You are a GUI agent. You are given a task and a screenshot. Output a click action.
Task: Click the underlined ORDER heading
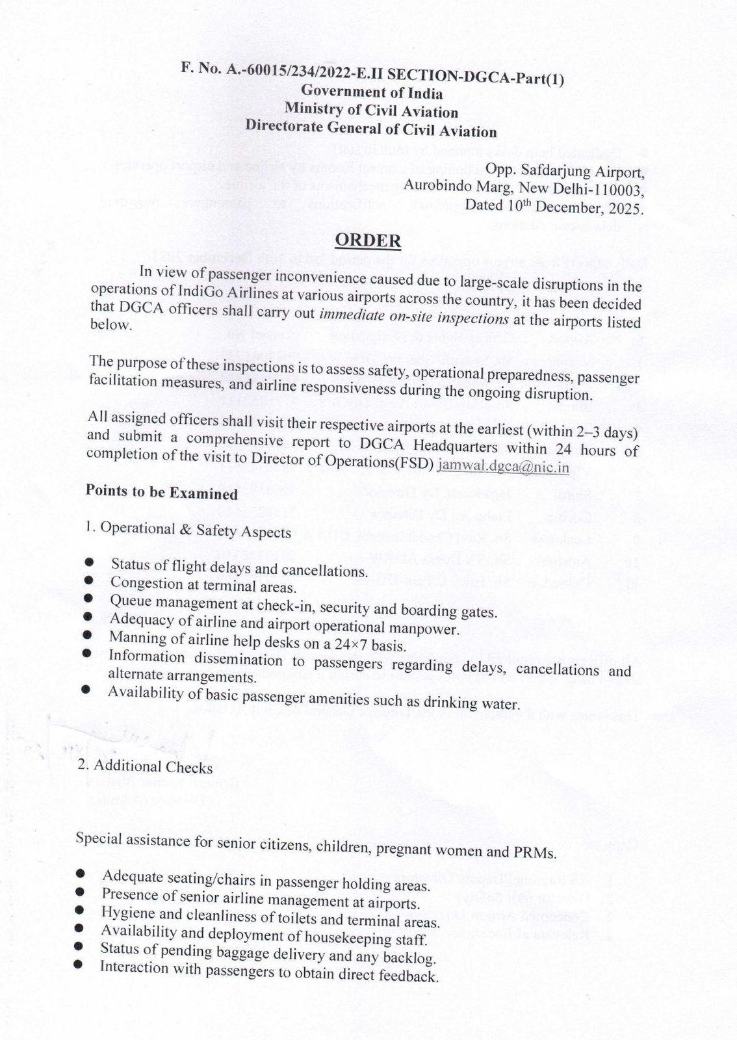click(368, 240)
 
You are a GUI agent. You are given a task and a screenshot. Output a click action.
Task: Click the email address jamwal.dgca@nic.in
click(504, 466)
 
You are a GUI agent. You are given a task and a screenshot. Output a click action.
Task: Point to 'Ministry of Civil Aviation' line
click(371, 111)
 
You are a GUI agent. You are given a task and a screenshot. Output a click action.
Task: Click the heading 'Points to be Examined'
click(162, 492)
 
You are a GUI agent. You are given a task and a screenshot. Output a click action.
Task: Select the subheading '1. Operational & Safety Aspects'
click(188, 530)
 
